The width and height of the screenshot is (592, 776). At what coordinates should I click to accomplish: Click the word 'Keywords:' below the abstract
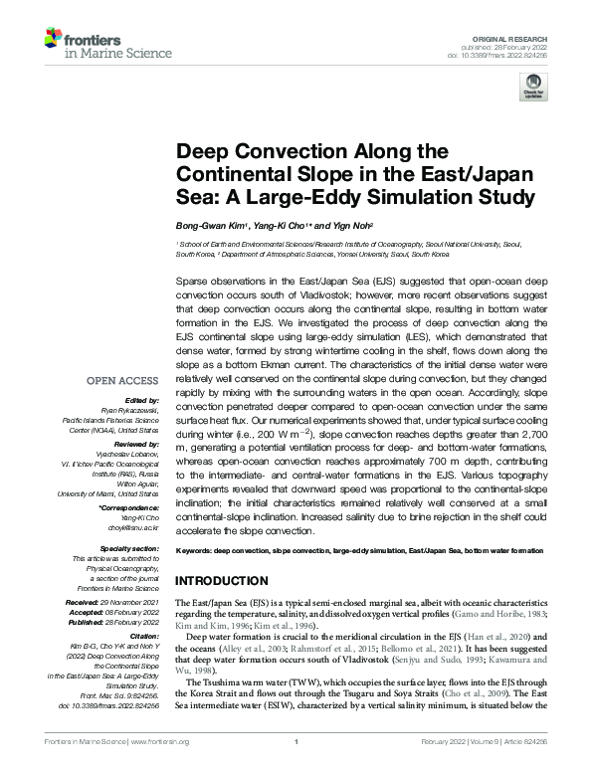click(195, 550)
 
